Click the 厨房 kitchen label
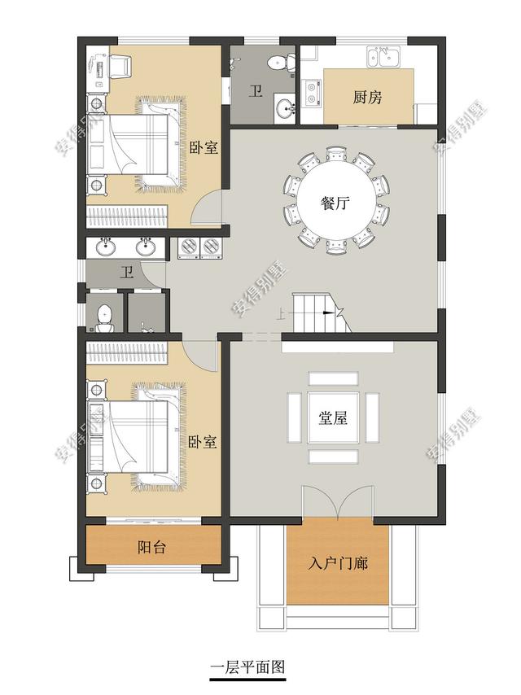(x=368, y=98)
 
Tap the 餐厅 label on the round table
(x=335, y=203)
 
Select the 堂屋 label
(x=333, y=419)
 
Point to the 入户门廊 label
(x=337, y=563)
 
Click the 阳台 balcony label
(x=152, y=548)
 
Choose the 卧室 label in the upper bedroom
(x=204, y=148)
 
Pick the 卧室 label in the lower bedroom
(x=202, y=443)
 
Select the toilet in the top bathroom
(x=279, y=61)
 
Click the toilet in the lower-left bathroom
(x=103, y=317)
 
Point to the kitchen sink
(x=383, y=57)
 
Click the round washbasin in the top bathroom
(x=282, y=107)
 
